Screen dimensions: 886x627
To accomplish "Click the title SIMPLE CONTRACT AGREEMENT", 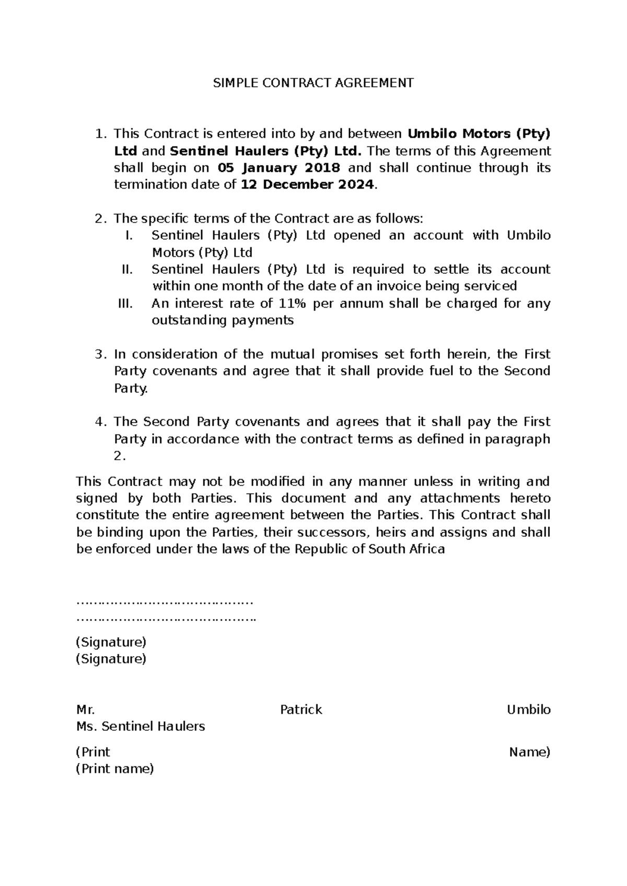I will pos(313,83).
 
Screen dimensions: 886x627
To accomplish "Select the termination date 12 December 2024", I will pos(307,185).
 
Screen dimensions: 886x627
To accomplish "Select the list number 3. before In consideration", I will pos(101,354).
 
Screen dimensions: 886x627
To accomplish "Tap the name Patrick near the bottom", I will pos(301,709).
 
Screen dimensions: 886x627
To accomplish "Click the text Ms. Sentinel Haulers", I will pos(141,726).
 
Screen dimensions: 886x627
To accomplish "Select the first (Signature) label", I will pos(111,642).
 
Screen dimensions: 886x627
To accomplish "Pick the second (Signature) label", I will pos(111,658).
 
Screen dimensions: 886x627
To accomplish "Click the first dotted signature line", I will pos(165,602).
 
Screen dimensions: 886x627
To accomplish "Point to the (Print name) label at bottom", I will pos(115,768).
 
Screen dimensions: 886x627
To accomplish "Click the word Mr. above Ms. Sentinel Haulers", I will pos(85,709).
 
